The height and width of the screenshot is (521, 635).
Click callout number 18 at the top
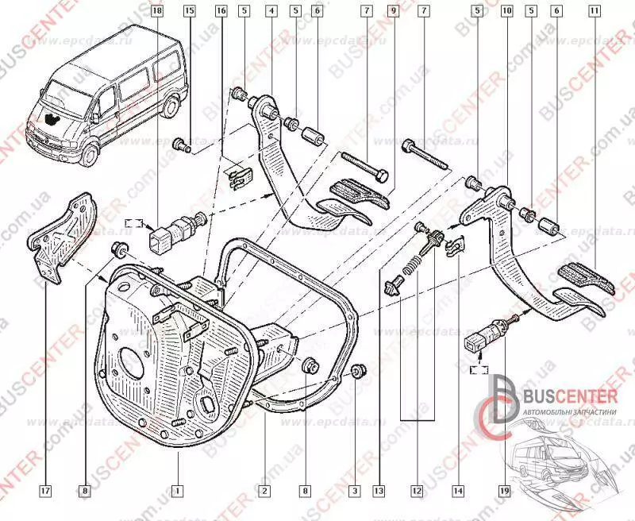tap(156, 11)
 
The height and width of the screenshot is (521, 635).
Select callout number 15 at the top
tap(189, 11)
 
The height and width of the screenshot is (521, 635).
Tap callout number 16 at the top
tap(221, 11)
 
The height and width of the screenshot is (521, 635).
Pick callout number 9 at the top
tap(392, 11)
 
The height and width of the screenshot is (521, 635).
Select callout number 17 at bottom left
tap(46, 489)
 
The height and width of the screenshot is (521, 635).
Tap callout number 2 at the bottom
tap(263, 489)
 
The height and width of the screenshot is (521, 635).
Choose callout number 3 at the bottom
tap(355, 489)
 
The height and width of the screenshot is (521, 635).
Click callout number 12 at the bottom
tap(416, 489)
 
